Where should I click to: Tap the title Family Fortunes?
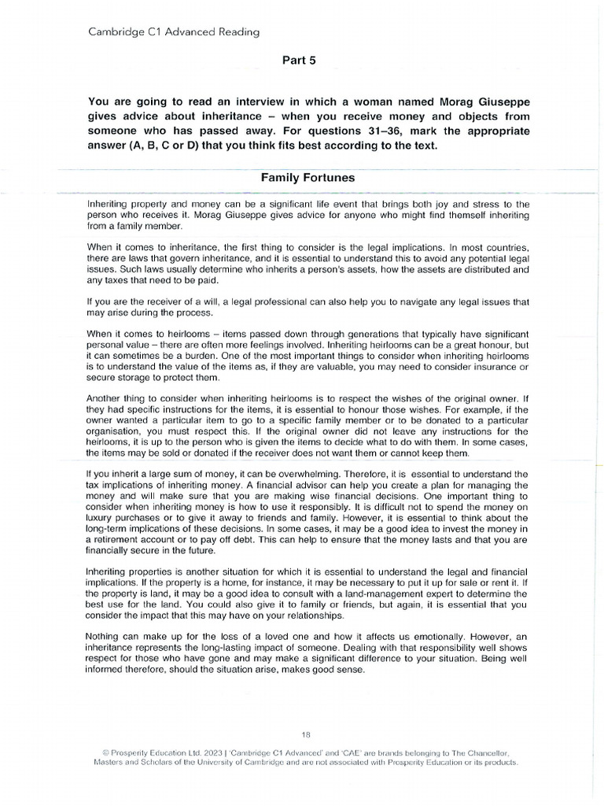point(307,178)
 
